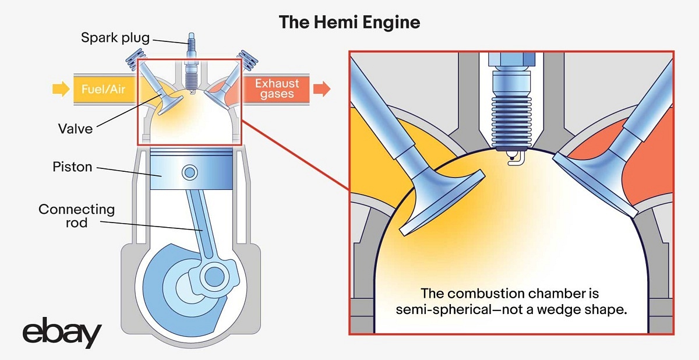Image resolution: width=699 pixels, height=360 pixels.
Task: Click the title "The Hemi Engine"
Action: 349,22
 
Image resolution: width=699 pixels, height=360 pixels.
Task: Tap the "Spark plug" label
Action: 115,38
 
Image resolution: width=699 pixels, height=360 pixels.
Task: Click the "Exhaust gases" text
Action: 277,89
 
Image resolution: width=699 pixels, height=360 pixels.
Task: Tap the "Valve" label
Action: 75,128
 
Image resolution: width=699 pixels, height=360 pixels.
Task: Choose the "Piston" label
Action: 72,167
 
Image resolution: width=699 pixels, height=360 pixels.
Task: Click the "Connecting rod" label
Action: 76,215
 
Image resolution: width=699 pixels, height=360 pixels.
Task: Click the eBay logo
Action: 62,334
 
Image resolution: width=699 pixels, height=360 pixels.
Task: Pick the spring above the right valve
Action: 248,58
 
